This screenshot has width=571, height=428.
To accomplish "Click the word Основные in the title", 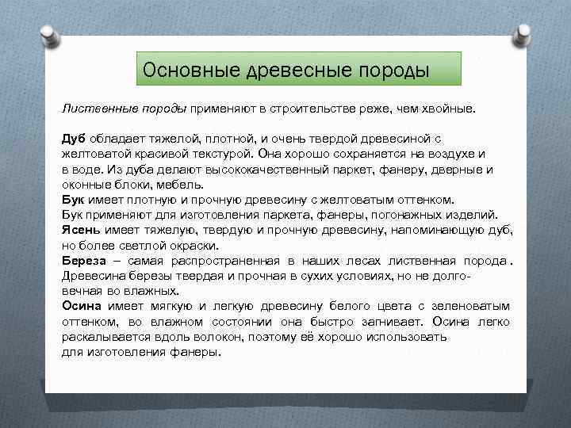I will [x=180, y=71].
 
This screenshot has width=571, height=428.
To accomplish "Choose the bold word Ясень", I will [x=81, y=229].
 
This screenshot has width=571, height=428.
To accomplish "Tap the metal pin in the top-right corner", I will [x=523, y=35].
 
